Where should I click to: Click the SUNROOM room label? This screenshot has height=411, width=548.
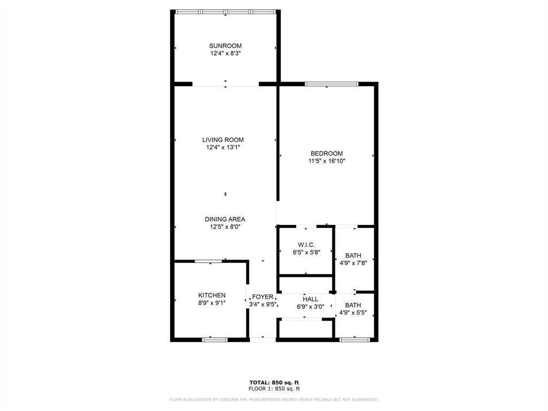pyautogui.click(x=225, y=45)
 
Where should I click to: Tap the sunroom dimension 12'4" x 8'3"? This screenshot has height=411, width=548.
pyautogui.click(x=225, y=54)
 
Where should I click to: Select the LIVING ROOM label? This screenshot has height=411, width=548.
pyautogui.click(x=226, y=140)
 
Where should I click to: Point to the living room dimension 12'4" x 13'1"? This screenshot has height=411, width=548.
pyautogui.click(x=226, y=147)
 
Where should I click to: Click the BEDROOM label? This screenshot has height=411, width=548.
pyautogui.click(x=326, y=154)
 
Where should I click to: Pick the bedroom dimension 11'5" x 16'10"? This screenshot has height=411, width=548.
pyautogui.click(x=326, y=161)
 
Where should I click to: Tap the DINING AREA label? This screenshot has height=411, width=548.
pyautogui.click(x=225, y=219)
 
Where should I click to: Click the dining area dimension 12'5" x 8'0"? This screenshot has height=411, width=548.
pyautogui.click(x=225, y=227)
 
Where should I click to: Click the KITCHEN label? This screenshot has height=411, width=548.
pyautogui.click(x=212, y=295)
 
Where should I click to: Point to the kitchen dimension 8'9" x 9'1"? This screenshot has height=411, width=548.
pyautogui.click(x=212, y=303)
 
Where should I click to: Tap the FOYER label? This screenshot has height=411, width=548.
pyautogui.click(x=263, y=297)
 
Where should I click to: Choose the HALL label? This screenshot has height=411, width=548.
pyautogui.click(x=310, y=299)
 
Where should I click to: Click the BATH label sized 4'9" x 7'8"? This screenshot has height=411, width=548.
pyautogui.click(x=353, y=255)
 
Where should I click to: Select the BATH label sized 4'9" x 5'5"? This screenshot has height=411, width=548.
pyautogui.click(x=353, y=305)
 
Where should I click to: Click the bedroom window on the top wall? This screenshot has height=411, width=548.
pyautogui.click(x=331, y=84)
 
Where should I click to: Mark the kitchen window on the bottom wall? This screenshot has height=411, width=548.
pyautogui.click(x=215, y=339)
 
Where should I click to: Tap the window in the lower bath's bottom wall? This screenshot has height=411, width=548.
pyautogui.click(x=354, y=339)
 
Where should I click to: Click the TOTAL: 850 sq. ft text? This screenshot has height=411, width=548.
pyautogui.click(x=274, y=382)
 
